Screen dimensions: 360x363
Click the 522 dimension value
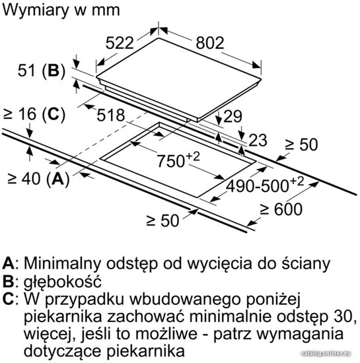[x=120, y=43]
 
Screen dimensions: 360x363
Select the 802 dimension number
[x=210, y=43]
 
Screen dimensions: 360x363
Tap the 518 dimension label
[x=111, y=115]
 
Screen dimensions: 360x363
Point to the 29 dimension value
[x=233, y=116]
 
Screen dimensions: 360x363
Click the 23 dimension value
[x=258, y=141]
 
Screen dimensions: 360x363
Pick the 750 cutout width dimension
[x=178, y=160]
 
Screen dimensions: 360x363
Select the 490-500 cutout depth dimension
[x=265, y=185]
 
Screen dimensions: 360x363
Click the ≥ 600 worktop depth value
[x=281, y=209]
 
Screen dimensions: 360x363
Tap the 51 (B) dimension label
[x=42, y=71]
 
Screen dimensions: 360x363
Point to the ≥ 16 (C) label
[x=34, y=114]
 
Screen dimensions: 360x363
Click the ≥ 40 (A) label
[x=38, y=179]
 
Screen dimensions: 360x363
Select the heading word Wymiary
[x=35, y=11]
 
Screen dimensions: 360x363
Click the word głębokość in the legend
[x=63, y=282]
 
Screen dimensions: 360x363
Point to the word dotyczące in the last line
[x=62, y=351]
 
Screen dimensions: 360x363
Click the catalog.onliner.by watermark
[x=326, y=353]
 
